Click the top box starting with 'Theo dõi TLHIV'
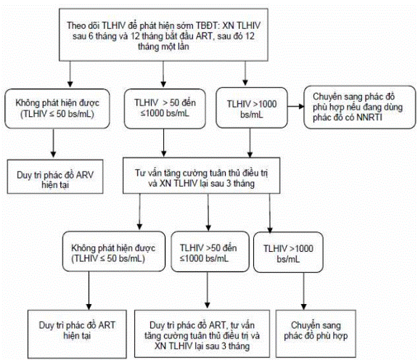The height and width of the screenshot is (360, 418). click(163, 35)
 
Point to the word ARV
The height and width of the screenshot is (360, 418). click(85, 175)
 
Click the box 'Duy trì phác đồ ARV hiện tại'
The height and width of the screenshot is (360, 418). click(55, 176)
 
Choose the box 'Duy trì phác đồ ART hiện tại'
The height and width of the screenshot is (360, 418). click(77, 334)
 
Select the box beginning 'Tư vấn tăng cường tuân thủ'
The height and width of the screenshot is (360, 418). click(201, 175)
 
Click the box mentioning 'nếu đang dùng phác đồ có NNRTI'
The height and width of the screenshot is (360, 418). click(360, 107)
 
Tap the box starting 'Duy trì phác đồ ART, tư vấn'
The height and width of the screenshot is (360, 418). click(202, 334)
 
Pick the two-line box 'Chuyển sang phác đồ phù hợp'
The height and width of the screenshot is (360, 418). click(316, 334)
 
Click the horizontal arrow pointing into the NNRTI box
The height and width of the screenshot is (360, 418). click(295, 107)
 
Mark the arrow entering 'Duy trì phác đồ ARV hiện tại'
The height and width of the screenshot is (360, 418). click(53, 143)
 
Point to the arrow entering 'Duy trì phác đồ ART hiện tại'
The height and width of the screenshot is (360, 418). click(89, 290)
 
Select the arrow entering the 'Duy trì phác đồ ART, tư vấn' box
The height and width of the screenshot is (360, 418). click(207, 290)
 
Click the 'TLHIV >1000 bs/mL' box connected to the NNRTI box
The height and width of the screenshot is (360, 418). click(252, 107)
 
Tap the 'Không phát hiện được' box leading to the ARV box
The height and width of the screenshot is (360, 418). click(57, 109)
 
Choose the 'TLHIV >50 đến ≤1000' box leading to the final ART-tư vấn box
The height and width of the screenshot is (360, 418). click(210, 252)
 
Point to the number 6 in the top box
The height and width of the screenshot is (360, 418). click(91, 36)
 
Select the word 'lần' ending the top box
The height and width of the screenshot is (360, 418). click(183, 46)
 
